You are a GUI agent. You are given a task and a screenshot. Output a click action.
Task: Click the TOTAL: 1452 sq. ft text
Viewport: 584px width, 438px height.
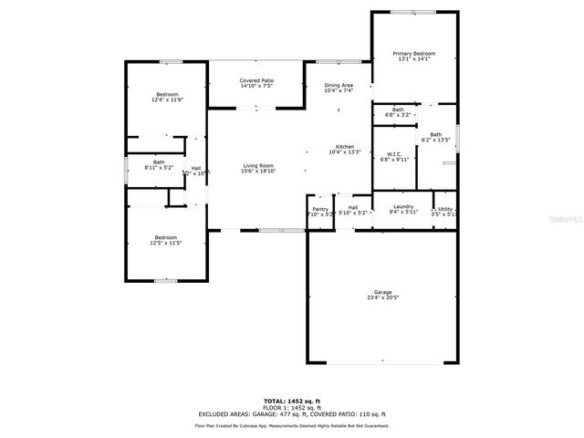(x=292, y=401)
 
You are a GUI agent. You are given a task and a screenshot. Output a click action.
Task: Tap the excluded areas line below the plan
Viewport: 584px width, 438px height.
(x=292, y=414)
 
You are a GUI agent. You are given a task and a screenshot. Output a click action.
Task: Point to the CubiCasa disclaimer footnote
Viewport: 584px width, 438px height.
(x=292, y=425)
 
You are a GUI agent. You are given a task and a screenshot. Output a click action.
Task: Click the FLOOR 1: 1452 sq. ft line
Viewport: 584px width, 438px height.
(x=292, y=407)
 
